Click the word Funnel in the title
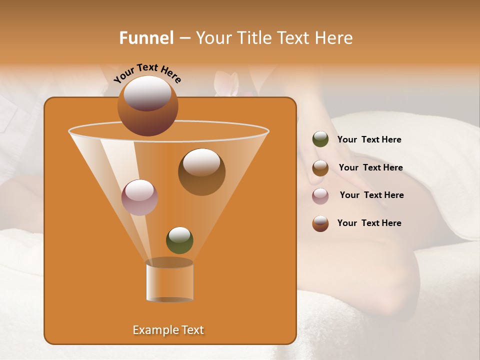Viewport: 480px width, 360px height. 146,38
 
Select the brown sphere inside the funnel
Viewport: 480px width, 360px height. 201,172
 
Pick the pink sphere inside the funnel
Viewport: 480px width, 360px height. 139,197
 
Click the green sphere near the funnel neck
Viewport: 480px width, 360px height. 179,240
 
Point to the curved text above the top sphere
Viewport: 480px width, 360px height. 147,73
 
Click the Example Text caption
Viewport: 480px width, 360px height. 168,330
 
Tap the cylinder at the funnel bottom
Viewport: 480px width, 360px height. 169,281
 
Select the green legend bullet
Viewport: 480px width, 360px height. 320,139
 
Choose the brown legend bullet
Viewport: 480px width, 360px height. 320,168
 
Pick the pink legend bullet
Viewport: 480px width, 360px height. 320,196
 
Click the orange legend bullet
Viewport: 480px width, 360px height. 320,223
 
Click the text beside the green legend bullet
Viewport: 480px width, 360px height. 369,140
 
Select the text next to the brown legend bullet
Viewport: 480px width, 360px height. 370,168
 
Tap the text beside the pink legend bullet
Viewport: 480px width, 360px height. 371,195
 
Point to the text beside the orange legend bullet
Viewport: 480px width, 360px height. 369,223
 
